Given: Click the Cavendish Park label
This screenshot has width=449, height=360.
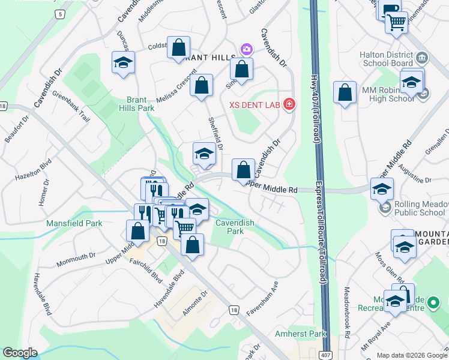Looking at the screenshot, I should coord(235,226).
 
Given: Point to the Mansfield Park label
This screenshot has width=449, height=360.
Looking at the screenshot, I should coord(74,223).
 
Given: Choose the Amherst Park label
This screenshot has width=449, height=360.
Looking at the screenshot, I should coord(300,334).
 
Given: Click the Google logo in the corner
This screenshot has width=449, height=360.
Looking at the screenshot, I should coord(20,353).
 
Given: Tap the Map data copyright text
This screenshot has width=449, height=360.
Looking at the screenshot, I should coord(412,355).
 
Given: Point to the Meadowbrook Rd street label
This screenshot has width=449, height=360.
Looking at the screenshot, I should coord(346,315).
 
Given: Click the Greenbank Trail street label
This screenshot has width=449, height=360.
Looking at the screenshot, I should coord(71,106).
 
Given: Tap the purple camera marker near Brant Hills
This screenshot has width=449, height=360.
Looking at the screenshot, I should coord(246,48).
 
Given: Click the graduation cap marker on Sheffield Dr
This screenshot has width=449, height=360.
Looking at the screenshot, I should coord(204,154).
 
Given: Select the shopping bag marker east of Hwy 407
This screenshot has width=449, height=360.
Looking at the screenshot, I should coord(345,93).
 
